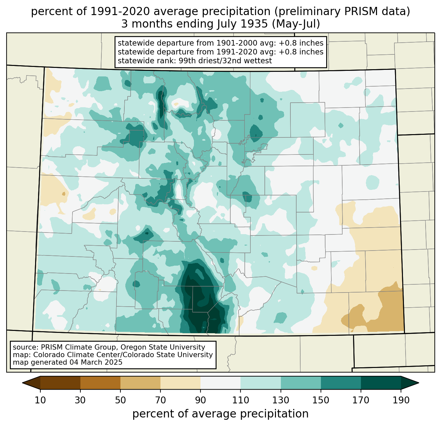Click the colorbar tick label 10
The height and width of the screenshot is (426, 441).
(40, 400)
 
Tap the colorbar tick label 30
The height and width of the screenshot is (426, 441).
(80, 400)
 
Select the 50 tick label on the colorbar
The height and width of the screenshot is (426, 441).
(120, 400)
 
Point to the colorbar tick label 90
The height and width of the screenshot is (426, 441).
(200, 400)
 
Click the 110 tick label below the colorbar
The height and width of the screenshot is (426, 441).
(241, 400)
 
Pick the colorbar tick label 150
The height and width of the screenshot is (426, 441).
(321, 400)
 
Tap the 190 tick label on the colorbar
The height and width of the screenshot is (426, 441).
(401, 400)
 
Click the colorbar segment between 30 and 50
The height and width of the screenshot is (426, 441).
(100, 383)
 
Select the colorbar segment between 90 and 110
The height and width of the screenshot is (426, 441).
(220, 383)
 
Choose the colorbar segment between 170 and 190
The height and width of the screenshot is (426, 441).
(381, 383)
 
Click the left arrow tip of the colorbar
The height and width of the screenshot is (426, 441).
(22, 383)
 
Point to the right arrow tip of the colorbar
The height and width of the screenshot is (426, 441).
(419, 383)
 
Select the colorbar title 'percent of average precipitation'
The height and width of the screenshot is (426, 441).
(220, 414)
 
